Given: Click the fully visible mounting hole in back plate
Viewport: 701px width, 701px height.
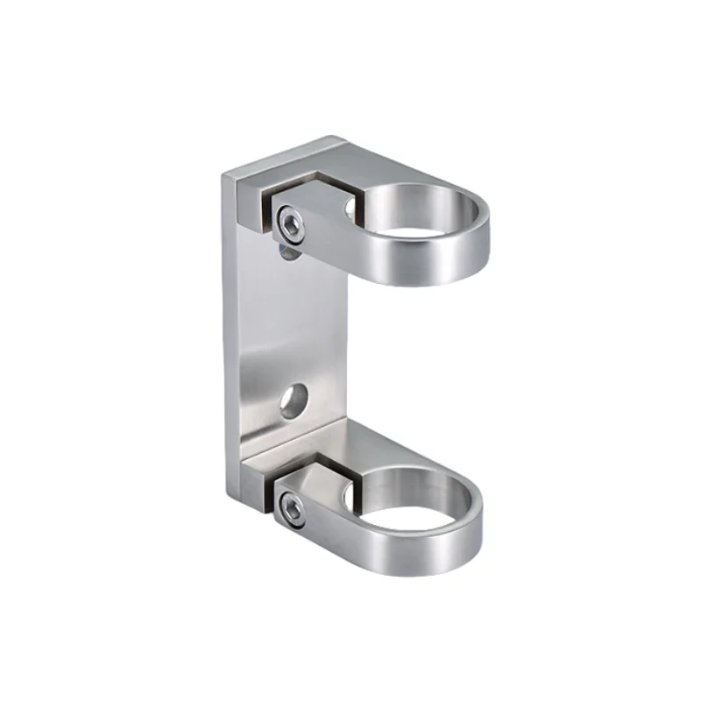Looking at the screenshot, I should (292, 399).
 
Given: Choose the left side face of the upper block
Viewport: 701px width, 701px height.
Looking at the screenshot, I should (247, 206).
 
